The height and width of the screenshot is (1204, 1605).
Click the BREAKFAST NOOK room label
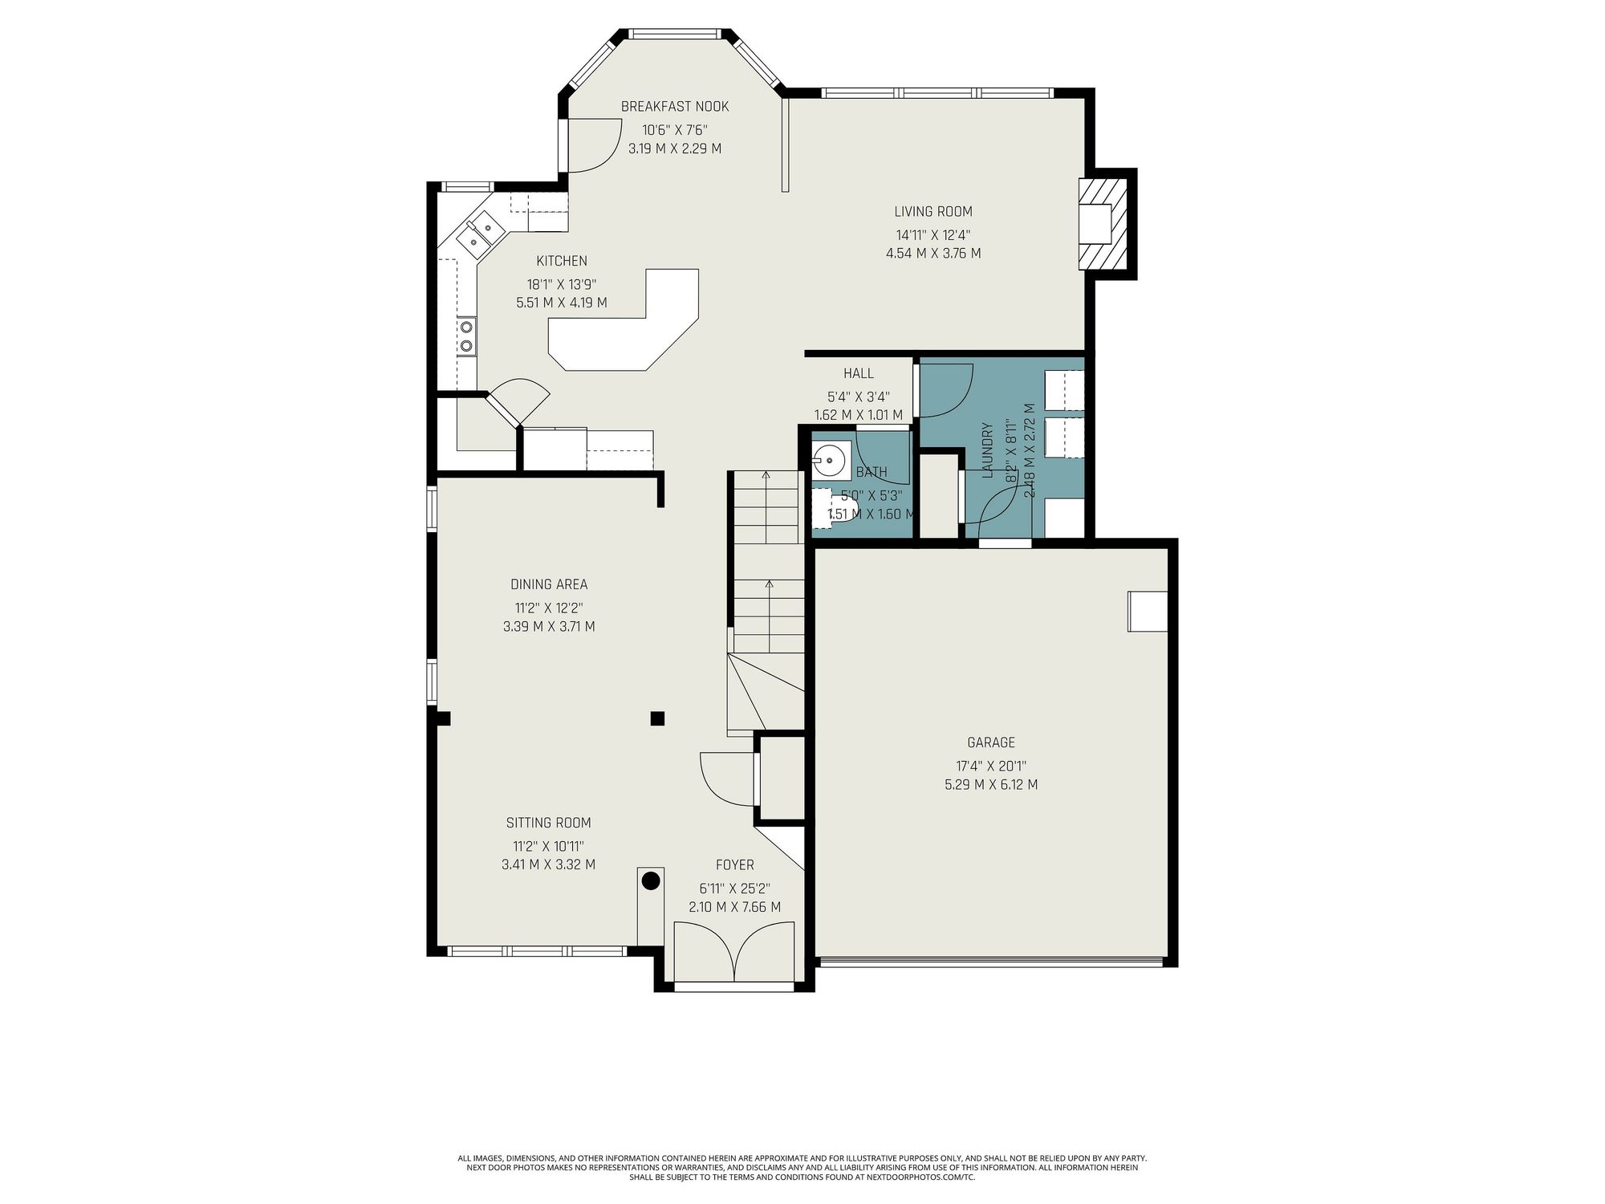(x=675, y=107)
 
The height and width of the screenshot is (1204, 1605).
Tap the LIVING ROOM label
(x=933, y=212)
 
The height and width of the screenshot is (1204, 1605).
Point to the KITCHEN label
(x=562, y=261)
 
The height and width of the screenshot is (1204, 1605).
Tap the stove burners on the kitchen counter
(x=465, y=336)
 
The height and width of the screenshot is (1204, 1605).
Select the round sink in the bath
(x=827, y=461)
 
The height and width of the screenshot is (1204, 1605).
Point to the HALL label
(x=859, y=373)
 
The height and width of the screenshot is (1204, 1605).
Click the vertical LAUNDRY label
(x=987, y=450)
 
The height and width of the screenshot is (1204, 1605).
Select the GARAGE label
(x=991, y=742)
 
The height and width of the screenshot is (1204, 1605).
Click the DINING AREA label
(x=549, y=584)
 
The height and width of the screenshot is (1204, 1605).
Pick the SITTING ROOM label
(x=549, y=823)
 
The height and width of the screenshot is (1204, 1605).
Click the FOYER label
(x=735, y=864)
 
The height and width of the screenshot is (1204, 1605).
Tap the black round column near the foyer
(x=651, y=881)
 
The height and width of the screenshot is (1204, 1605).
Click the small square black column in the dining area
(x=658, y=718)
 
